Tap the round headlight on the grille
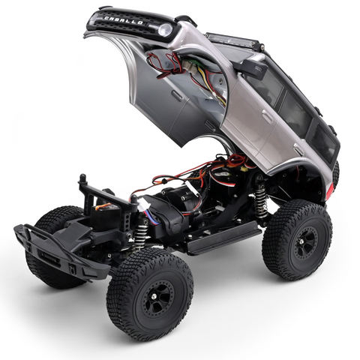pyautogui.click(x=164, y=30)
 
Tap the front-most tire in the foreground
pyautogui.click(x=149, y=293)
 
